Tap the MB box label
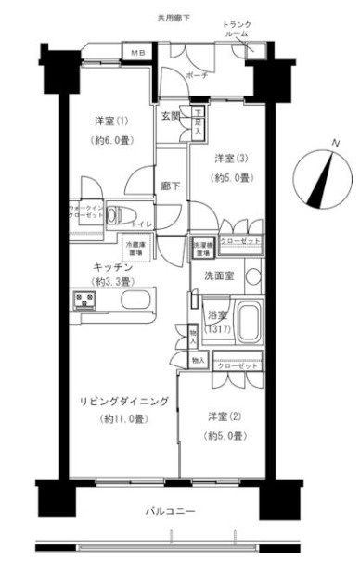(x=136, y=53)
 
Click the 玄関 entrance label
(x=171, y=115)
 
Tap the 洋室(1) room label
(x=109, y=122)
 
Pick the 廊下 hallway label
(x=169, y=185)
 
